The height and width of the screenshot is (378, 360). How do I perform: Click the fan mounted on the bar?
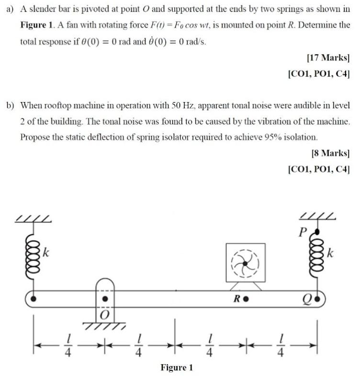point(245,263)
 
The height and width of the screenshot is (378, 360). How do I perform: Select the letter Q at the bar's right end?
point(307,300)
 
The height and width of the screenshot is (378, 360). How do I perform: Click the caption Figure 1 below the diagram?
point(177,367)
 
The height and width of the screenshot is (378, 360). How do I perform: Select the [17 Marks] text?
point(328,58)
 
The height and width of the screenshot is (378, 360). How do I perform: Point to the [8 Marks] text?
point(330,153)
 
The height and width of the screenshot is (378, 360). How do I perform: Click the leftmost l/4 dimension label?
point(69,346)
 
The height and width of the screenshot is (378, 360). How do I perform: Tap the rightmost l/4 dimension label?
point(281,346)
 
